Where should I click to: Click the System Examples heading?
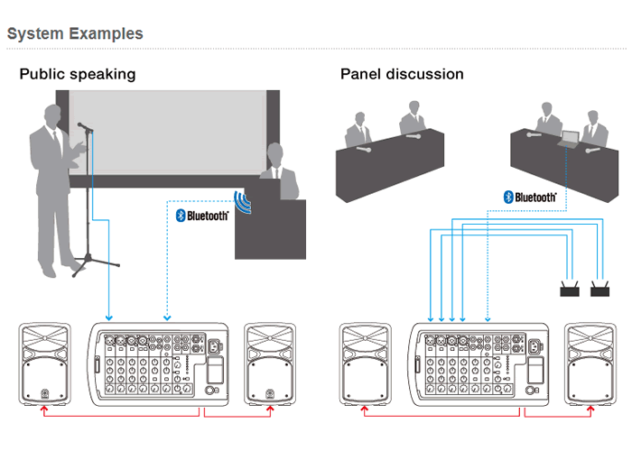tap(75, 34)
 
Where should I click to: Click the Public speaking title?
tap(78, 74)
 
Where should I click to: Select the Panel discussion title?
tap(402, 74)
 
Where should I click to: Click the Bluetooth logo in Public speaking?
tap(201, 215)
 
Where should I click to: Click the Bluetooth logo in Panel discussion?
tap(530, 196)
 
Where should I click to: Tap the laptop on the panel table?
tap(569, 139)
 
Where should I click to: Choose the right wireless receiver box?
tap(599, 290)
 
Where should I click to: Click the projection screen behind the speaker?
tap(172, 135)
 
